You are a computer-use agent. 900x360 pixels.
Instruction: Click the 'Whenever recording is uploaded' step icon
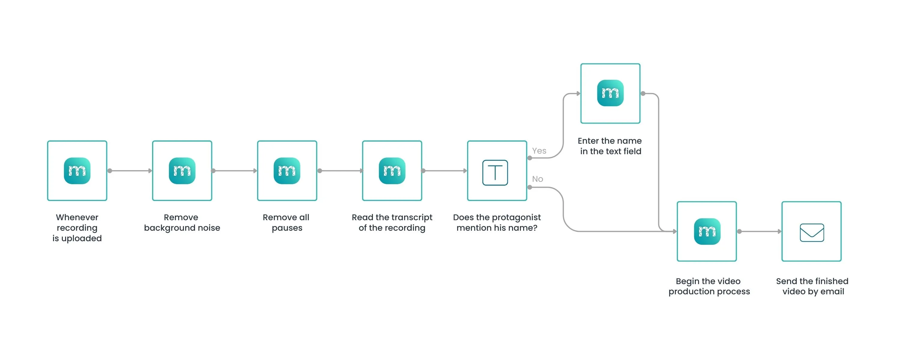coord(77,171)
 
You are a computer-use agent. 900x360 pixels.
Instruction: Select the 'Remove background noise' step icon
coord(182,171)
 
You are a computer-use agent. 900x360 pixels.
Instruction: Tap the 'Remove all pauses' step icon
coord(287,171)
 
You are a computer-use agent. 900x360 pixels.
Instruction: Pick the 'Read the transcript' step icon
coord(392,171)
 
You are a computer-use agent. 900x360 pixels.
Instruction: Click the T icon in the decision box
coord(495,173)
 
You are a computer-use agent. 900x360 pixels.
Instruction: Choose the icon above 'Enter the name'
coord(610,93)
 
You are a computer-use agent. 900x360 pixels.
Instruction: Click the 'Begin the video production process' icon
coord(707,231)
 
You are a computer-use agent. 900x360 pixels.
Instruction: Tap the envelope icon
coord(812,232)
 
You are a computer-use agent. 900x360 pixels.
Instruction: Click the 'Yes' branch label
coord(539,151)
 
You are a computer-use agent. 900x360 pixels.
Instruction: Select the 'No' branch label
coord(537,179)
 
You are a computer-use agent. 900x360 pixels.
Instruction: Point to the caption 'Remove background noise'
coord(182,223)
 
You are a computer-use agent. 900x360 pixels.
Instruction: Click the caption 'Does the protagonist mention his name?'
coord(497,223)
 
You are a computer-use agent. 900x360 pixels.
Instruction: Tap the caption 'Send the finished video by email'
coord(812,286)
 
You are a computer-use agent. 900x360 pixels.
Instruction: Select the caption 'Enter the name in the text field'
coord(610,146)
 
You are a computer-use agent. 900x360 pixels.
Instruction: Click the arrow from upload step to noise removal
coord(130,171)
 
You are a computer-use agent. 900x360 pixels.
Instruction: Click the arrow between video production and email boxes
coord(760,231)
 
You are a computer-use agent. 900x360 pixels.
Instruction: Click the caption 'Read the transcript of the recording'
coord(392,223)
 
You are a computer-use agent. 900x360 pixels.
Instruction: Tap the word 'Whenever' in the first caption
coord(77,217)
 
